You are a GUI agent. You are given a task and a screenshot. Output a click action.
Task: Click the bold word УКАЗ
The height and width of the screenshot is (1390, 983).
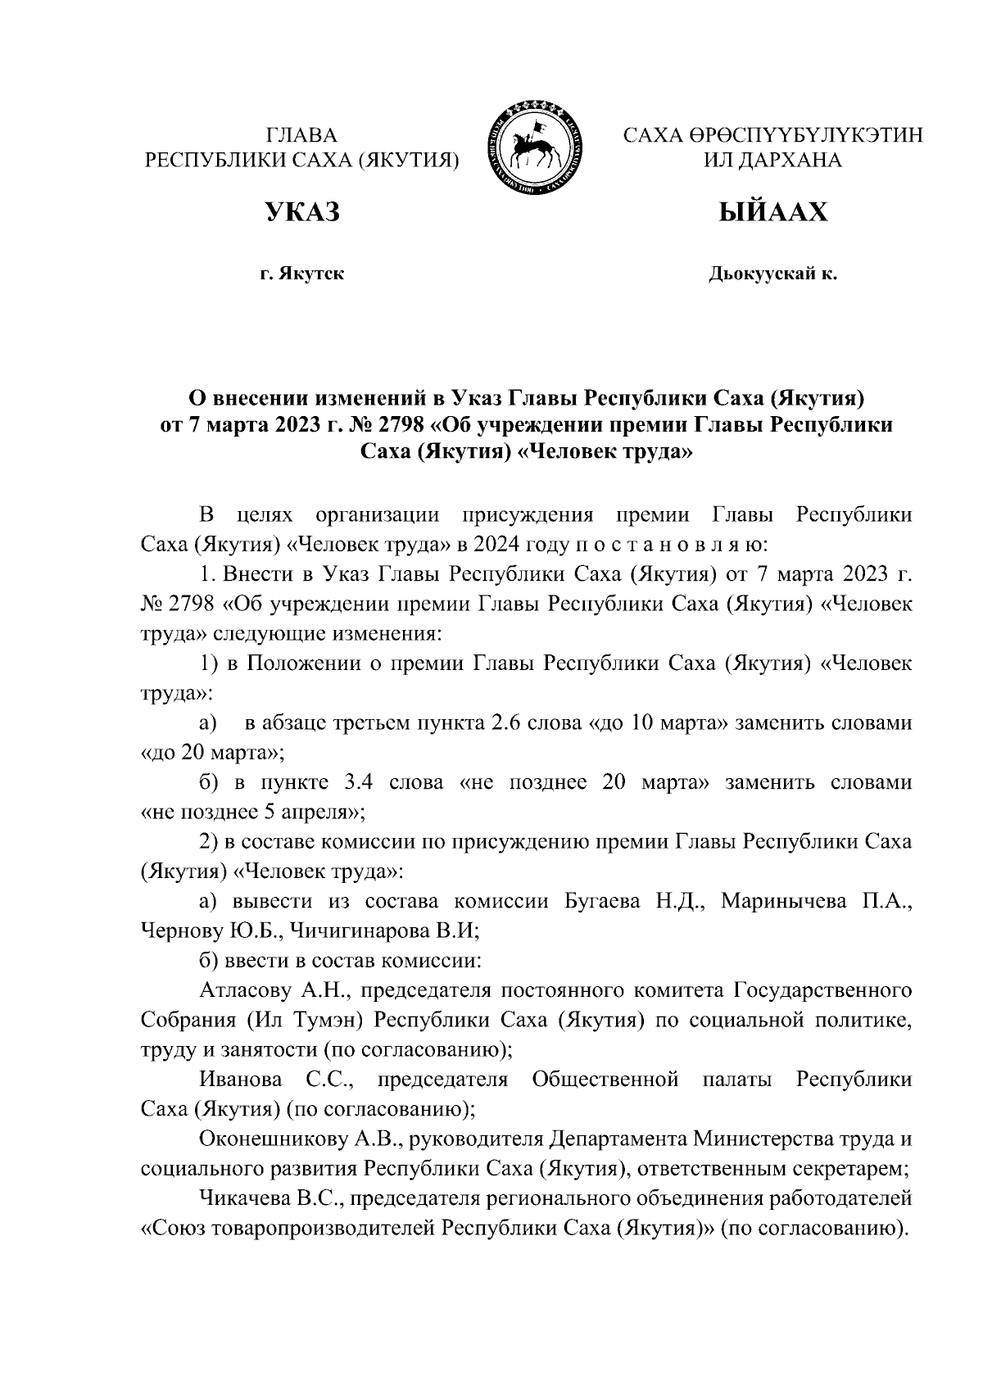pos(301,212)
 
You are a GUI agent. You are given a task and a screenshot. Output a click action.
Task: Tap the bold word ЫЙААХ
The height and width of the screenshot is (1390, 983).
pos(772,212)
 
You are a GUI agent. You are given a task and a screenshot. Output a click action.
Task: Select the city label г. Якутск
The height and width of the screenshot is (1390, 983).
pos(301,274)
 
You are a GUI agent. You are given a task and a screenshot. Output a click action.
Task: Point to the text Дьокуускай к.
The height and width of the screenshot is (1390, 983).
pos(772,274)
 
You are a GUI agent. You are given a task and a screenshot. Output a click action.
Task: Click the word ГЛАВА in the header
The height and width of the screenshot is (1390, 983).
pos(301,136)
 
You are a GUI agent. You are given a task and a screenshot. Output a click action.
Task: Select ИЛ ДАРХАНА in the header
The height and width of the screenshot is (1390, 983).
pos(772,160)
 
